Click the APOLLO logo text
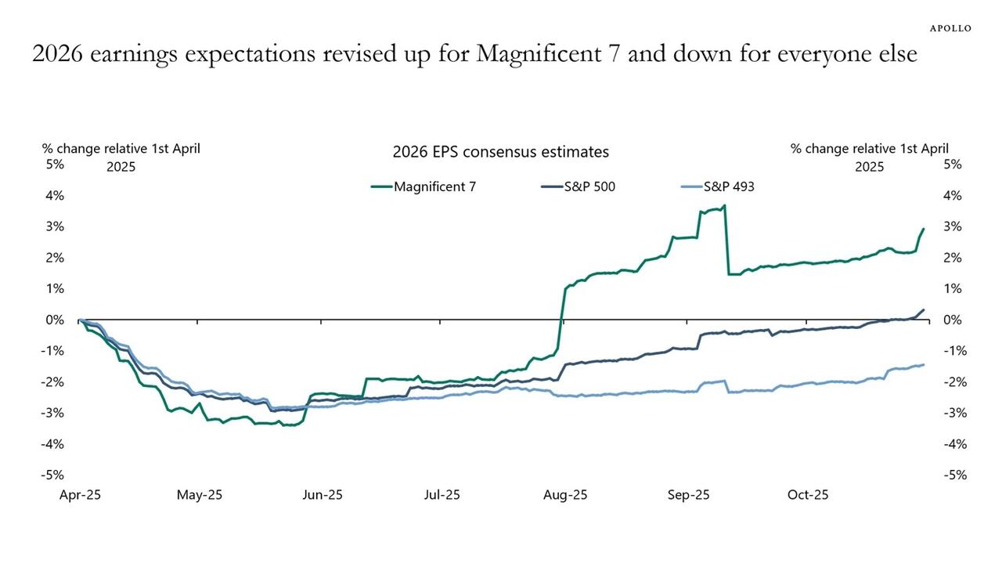coord(950,28)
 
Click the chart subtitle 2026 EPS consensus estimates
coord(500,152)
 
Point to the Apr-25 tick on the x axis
coord(80,495)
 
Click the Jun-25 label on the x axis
coord(323,495)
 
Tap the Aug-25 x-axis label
coord(565,495)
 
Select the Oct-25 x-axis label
coord(808,495)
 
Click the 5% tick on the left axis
coord(54,164)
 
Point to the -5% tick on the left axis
coord(52,475)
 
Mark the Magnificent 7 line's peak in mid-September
coord(725,206)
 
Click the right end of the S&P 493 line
coord(924,364)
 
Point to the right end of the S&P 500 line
coord(924,310)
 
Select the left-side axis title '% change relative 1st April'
coord(121,148)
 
